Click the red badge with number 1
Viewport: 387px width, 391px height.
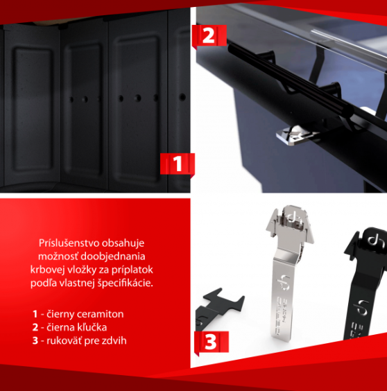tap(178, 164)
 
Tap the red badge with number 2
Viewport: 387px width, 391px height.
tap(209, 35)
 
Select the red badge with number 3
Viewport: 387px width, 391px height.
tap(212, 342)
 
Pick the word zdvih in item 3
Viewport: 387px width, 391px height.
tap(114, 340)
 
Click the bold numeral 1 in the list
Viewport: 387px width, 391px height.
tap(35, 314)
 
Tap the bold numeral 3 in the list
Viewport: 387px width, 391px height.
tap(35, 341)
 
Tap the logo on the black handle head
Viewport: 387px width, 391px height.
tap(375, 241)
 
